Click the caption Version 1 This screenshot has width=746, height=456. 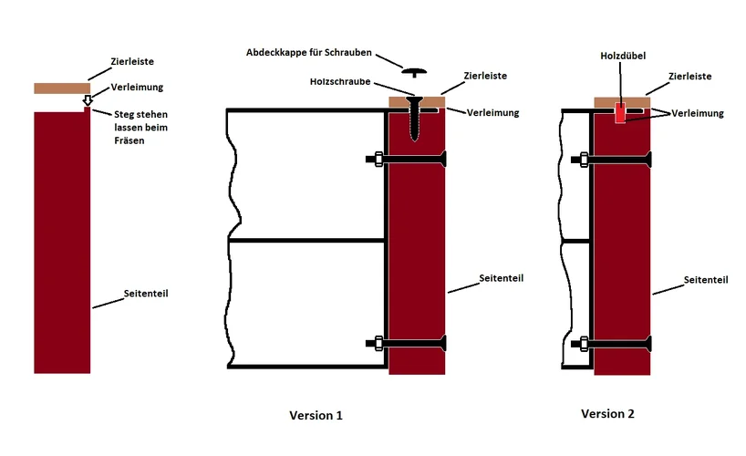316,415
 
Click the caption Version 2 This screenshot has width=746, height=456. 607,413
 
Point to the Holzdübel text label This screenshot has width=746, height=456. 623,55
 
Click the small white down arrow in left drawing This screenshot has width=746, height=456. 88,99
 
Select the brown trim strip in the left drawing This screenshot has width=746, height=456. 61,88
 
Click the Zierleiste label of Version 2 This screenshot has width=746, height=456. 690,77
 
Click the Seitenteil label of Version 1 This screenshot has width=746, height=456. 501,277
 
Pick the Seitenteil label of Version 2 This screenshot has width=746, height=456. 707,280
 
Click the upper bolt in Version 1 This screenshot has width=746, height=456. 406,160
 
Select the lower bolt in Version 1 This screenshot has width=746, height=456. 406,344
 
